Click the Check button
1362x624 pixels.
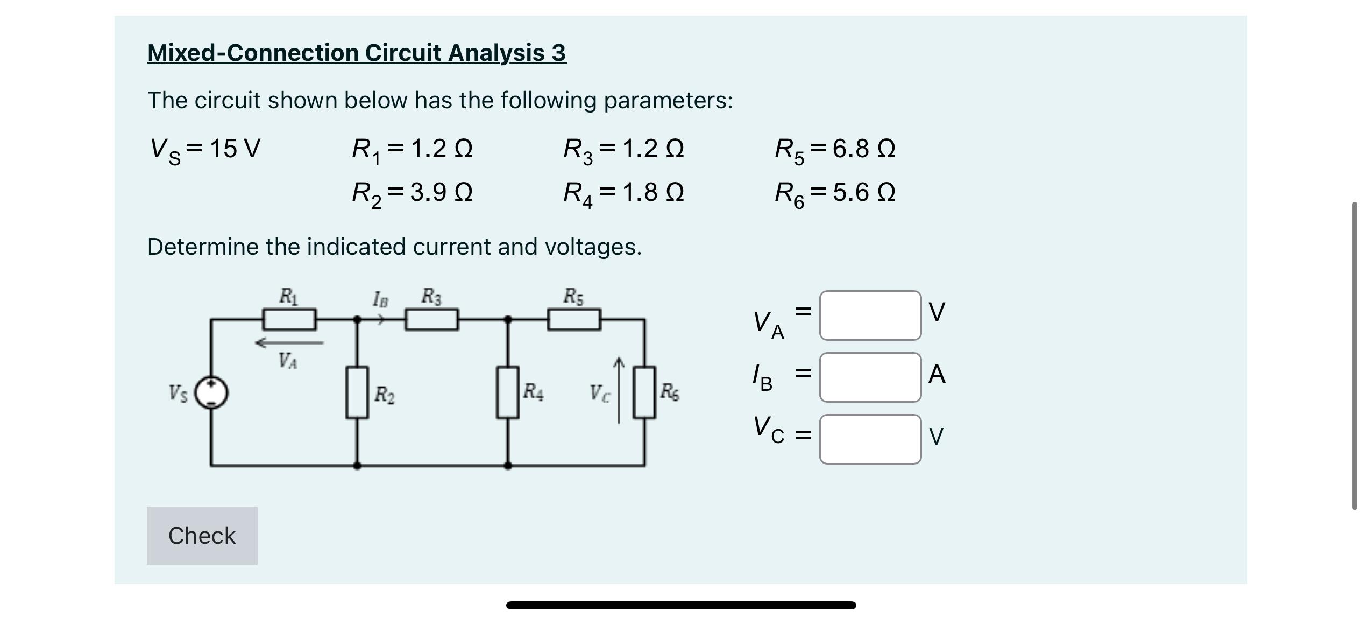tap(202, 535)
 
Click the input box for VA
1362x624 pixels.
tap(870, 315)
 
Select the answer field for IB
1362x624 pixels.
tap(870, 377)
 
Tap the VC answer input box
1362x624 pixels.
tap(870, 439)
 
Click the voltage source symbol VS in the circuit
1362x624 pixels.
tap(211, 392)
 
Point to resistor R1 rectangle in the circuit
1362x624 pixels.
tap(289, 319)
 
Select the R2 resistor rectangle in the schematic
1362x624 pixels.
tap(357, 392)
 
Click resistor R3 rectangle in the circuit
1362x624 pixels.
tap(431, 319)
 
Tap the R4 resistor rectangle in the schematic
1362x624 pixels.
tap(507, 392)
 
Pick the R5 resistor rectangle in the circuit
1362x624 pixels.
tap(574, 319)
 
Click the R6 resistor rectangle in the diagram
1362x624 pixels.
tap(644, 392)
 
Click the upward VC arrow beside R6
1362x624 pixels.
tap(619, 390)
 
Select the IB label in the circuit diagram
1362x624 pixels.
tap(380, 299)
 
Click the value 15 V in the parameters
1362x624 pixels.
tap(235, 149)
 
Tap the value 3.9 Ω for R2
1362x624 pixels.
tap(441, 192)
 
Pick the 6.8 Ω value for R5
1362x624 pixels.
tap(864, 149)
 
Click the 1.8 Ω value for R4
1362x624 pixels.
tap(652, 192)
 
